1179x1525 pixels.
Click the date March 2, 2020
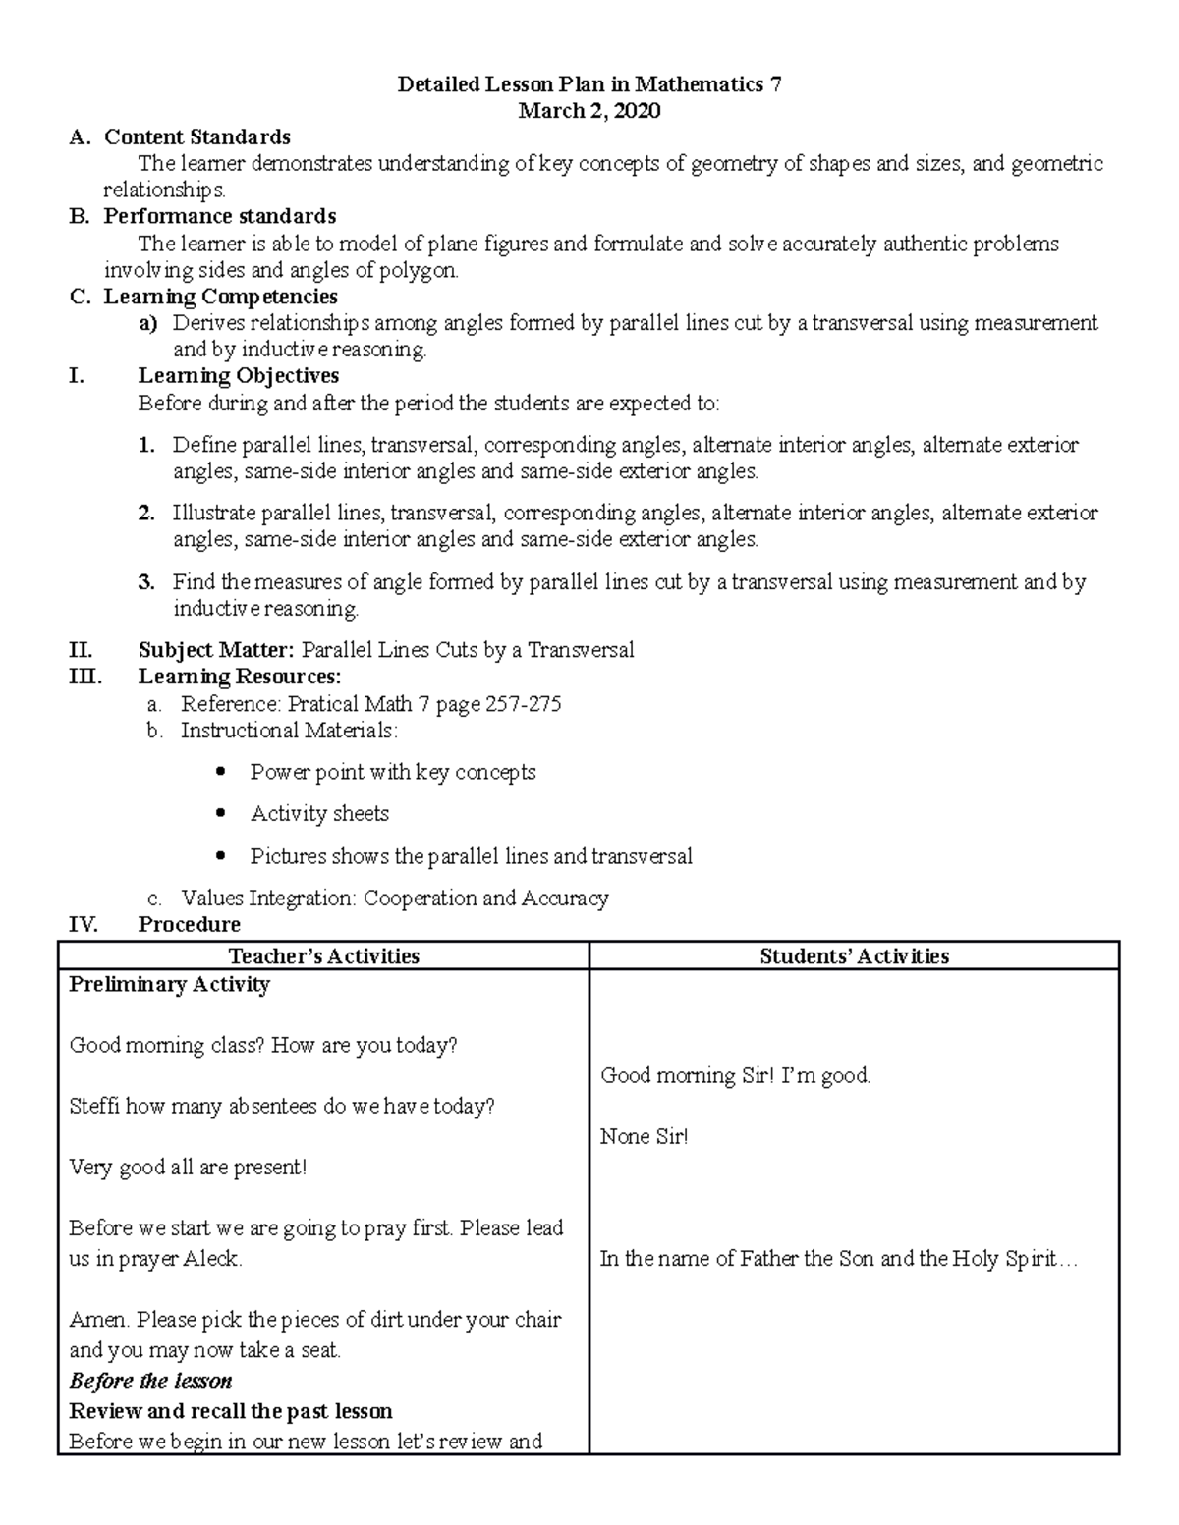pyautogui.click(x=589, y=111)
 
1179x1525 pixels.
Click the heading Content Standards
pyautogui.click(x=196, y=136)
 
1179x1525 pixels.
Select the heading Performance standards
pyautogui.click(x=220, y=216)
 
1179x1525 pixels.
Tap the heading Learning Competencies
pyautogui.click(x=220, y=297)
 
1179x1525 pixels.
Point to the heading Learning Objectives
pyautogui.click(x=238, y=376)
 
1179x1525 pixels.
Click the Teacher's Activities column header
pyautogui.click(x=323, y=956)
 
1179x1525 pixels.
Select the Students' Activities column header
pyautogui.click(x=854, y=956)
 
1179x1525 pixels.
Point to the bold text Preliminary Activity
pyautogui.click(x=169, y=985)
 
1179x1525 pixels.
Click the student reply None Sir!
pyautogui.click(x=644, y=1137)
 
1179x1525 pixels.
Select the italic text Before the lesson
pyautogui.click(x=150, y=1381)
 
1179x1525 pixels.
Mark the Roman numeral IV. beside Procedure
pyautogui.click(x=84, y=924)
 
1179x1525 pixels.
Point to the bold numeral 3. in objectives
pyautogui.click(x=146, y=582)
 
